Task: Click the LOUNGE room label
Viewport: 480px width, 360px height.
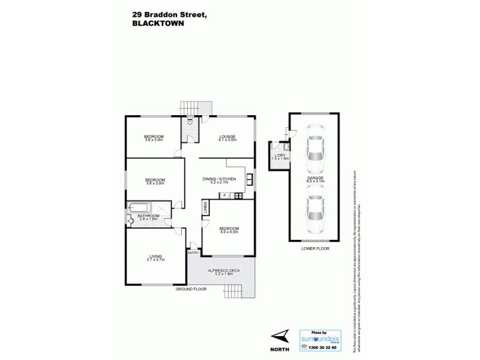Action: coord(227,136)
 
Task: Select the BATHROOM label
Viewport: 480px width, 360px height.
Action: coord(148,215)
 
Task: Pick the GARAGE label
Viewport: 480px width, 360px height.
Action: coord(314,178)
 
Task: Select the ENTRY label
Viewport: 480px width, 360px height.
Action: coord(193,253)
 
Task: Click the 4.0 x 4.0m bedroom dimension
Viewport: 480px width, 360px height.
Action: coord(229,232)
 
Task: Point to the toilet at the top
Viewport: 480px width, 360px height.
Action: coord(190,121)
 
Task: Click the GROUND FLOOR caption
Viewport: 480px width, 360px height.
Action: coord(191,289)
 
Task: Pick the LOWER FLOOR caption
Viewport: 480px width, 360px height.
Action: coord(315,248)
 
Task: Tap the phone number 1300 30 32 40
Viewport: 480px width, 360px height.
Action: coord(319,347)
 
